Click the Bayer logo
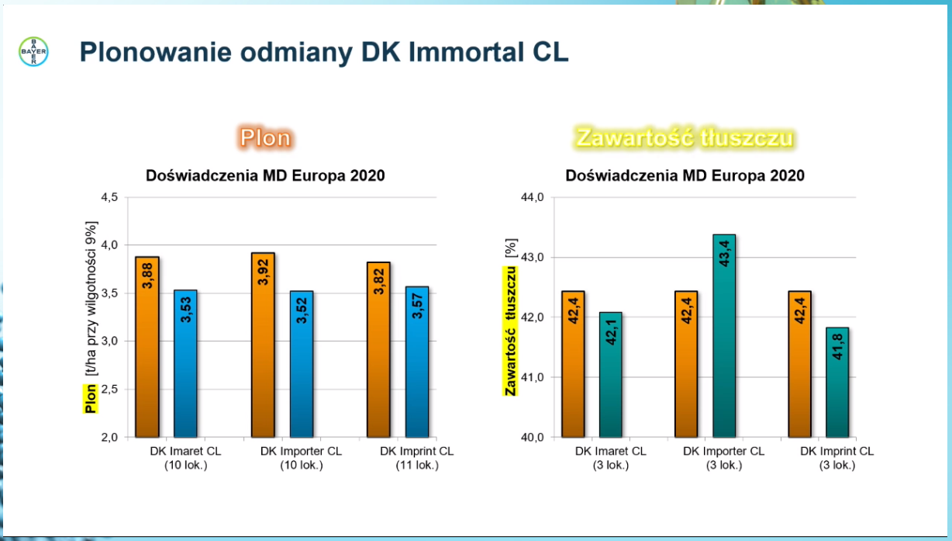(x=33, y=51)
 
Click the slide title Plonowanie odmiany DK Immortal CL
(x=324, y=52)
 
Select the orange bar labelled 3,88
(x=147, y=346)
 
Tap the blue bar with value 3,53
(x=185, y=363)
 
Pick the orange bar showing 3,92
(x=263, y=345)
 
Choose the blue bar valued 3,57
(x=417, y=362)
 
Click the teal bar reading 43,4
(x=724, y=335)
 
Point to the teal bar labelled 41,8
(x=837, y=382)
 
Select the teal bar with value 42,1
(x=610, y=374)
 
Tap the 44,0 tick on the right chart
(x=532, y=197)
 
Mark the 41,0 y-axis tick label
(x=532, y=377)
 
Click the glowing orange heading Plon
(x=265, y=138)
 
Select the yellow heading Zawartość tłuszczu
(x=685, y=138)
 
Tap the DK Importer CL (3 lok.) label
(x=723, y=458)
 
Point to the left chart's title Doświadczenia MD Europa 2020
(x=265, y=175)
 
